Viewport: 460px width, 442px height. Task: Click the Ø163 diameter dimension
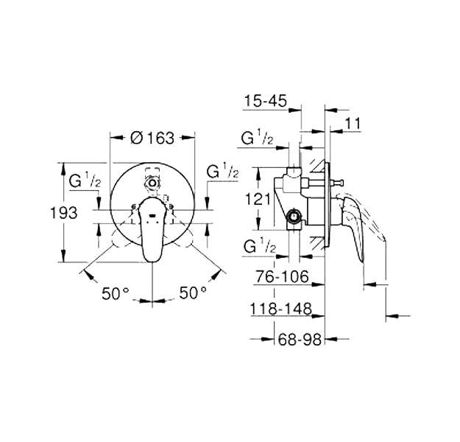tap(152, 138)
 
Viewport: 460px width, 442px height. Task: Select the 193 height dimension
tap(64, 213)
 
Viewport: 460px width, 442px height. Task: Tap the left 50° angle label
tap(116, 293)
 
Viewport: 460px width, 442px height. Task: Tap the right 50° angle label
tap(193, 292)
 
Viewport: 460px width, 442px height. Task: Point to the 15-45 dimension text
tap(266, 101)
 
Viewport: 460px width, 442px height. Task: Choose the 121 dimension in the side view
tap(258, 200)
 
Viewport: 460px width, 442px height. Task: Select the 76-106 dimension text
tap(282, 276)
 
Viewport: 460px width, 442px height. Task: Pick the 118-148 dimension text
tap(280, 309)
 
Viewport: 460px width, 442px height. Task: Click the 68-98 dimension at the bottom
tap(300, 340)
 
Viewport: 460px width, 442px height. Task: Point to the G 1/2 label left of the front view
tap(85, 180)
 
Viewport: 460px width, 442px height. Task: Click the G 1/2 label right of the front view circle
tap(222, 171)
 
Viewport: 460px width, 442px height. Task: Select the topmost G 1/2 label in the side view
tap(257, 138)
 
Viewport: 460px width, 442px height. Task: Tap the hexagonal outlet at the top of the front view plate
tap(152, 183)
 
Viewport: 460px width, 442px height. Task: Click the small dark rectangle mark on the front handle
tap(152, 216)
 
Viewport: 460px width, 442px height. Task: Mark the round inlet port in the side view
tap(294, 217)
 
